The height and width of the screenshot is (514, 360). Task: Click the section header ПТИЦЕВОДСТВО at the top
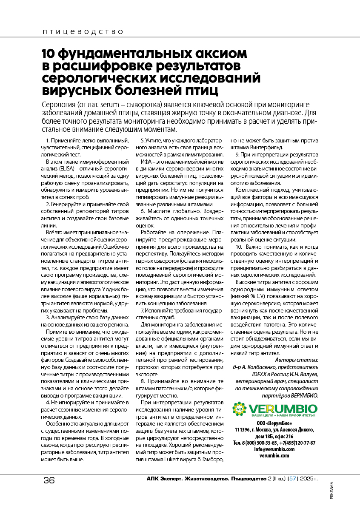click(83, 32)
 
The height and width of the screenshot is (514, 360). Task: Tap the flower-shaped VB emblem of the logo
click(239, 409)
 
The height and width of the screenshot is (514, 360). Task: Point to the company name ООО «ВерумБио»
click(274, 424)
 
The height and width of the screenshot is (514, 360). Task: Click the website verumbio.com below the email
click(274, 455)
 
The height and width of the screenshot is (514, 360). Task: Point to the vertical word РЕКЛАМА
click(331, 493)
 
